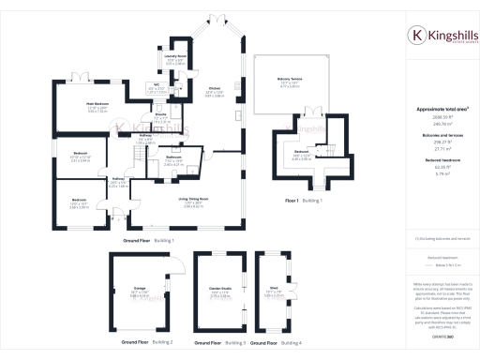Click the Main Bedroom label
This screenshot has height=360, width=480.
click(x=97, y=103)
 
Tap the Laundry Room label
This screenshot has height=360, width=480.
click(x=174, y=56)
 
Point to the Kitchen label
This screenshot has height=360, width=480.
click(x=215, y=88)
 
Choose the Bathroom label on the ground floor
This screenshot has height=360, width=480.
click(x=173, y=158)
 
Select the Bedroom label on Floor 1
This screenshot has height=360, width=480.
click(x=301, y=151)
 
